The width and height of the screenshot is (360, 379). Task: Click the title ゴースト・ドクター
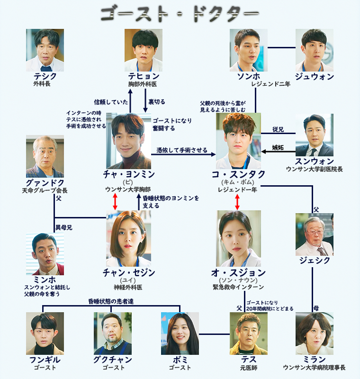pos(180,13)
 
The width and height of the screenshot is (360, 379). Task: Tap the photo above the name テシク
pos(45,50)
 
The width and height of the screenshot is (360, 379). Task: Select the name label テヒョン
pos(143,77)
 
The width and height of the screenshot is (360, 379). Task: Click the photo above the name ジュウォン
pos(315,50)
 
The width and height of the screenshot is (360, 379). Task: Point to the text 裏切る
pos(157,102)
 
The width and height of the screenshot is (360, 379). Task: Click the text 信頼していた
pos(111,102)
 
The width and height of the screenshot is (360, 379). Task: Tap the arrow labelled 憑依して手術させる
pos(182,154)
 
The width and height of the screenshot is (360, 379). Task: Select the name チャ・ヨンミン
pos(129,174)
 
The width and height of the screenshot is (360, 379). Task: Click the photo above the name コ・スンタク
pos(238,141)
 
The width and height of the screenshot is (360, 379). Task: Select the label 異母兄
pos(64,227)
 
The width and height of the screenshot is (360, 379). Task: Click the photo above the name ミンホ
pos(45,254)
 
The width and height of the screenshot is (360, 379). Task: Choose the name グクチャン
pos(113,360)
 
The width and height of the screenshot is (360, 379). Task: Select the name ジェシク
pos(315,261)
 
